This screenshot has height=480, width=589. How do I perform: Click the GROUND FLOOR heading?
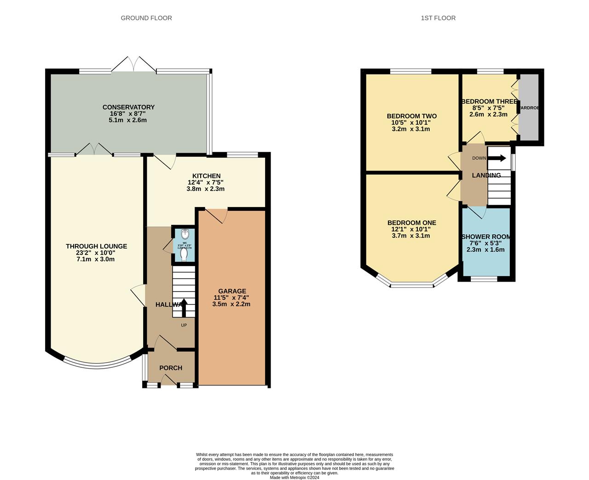click(146, 18)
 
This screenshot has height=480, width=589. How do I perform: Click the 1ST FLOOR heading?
click(438, 18)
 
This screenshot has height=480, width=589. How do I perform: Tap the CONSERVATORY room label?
click(128, 107)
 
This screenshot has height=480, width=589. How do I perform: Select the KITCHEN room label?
click(206, 176)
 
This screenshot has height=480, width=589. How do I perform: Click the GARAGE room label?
click(232, 291)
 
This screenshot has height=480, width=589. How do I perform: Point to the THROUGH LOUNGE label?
click(96, 246)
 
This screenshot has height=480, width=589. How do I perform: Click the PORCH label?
click(171, 368)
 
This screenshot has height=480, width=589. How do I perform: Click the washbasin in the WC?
click(185, 233)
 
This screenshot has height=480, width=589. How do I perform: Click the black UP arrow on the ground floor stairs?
click(184, 307)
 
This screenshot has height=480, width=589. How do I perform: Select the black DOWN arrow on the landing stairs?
click(497, 158)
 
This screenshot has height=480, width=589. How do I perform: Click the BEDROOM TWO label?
click(411, 116)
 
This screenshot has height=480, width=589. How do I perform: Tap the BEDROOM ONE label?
click(411, 223)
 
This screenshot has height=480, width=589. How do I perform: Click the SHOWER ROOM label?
click(486, 237)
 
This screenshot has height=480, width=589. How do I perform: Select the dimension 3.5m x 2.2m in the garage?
click(231, 304)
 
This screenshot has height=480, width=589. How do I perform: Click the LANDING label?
click(486, 175)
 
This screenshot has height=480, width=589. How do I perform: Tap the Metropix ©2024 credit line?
click(294, 477)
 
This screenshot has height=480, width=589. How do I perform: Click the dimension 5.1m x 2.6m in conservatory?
click(128, 120)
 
